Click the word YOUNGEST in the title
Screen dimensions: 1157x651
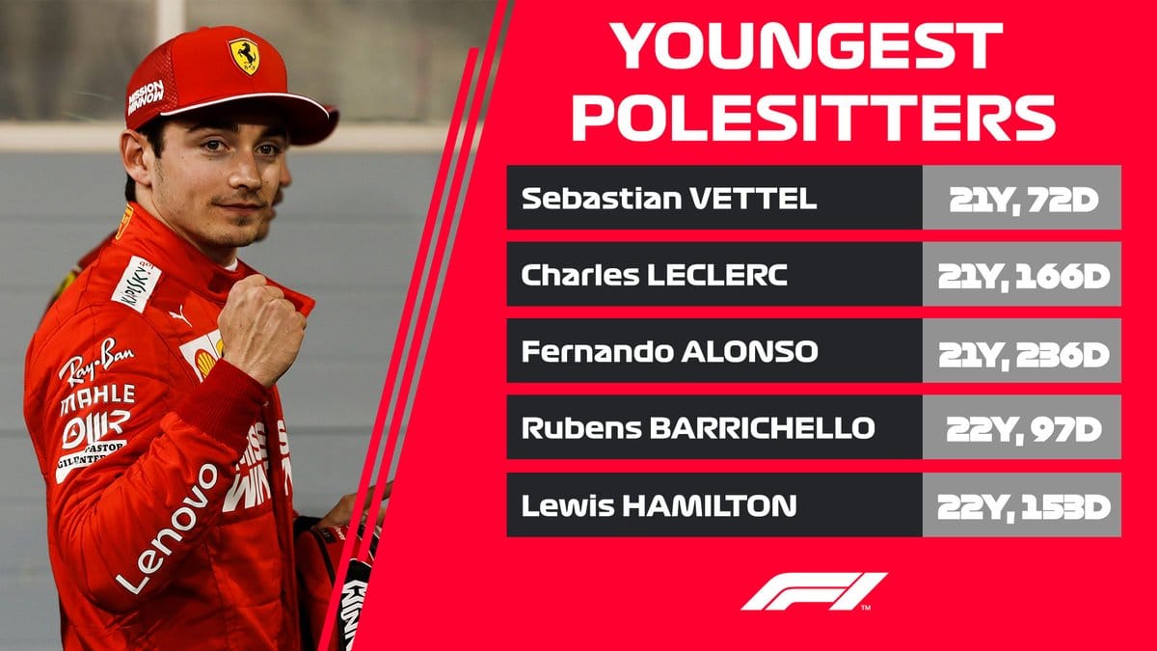pyautogui.click(x=807, y=45)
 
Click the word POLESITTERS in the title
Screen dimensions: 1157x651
pyautogui.click(x=814, y=118)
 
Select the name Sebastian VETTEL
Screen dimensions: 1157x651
pyautogui.click(x=669, y=199)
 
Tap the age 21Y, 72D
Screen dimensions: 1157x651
pyautogui.click(x=1023, y=201)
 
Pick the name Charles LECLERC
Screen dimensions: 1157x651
pyautogui.click(x=654, y=276)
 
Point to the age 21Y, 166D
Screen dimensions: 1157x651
pyautogui.click(x=1023, y=278)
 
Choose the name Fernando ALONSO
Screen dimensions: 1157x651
pyautogui.click(x=669, y=352)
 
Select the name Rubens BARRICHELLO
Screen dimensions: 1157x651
pyautogui.click(x=698, y=428)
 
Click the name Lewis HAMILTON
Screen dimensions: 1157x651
pyautogui.click(x=659, y=505)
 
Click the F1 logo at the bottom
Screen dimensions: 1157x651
pyautogui.click(x=813, y=592)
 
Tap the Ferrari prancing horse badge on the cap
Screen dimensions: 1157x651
pyautogui.click(x=244, y=55)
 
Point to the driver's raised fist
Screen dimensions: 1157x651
pyautogui.click(x=261, y=329)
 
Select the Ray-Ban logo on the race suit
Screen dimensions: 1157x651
pyautogui.click(x=95, y=361)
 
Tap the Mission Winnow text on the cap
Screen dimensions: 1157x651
pyautogui.click(x=146, y=96)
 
